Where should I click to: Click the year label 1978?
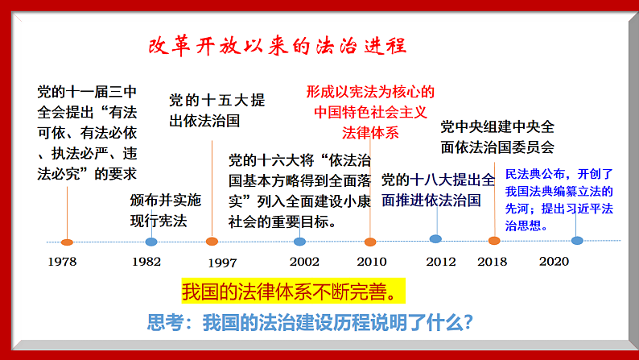62,262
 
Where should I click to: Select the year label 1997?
222,263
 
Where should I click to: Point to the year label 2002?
305,262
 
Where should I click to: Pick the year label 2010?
372,262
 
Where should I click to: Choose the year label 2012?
441,262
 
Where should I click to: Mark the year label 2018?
493,262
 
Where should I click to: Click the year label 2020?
554,262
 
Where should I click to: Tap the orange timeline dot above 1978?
68,242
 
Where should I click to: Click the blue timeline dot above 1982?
151,242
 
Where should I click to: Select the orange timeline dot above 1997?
212,242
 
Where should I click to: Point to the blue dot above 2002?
300,242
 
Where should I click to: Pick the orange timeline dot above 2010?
370,242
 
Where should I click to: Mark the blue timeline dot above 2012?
435,239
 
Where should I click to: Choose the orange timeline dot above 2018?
494,240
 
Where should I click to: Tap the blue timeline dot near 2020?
577,240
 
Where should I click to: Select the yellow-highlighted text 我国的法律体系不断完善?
291,289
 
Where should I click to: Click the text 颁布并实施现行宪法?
166,209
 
